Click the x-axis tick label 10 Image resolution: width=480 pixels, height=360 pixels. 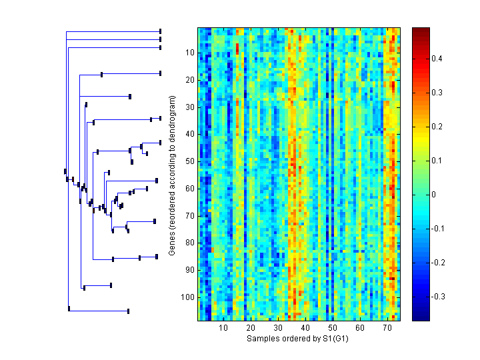coord(223,328)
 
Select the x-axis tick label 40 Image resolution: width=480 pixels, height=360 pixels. coord(305,328)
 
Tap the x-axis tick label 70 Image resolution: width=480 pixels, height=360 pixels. coord(387,328)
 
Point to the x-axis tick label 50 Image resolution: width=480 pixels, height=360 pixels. coord(333,328)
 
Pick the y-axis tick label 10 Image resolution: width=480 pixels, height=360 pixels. coord(189,53)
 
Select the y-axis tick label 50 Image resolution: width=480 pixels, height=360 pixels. coord(189,161)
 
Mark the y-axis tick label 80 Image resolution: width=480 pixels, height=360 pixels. coord(189,243)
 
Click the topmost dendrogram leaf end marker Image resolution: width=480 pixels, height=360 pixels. coord(161,31)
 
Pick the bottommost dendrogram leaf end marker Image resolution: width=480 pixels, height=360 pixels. coord(128,311)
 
